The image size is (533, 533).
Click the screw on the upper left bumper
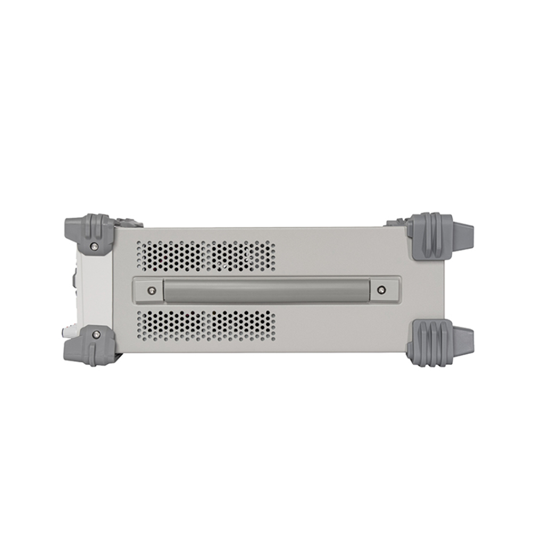click(x=94, y=246)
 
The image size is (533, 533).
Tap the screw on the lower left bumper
click(x=96, y=334)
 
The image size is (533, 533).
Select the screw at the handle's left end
click(x=152, y=290)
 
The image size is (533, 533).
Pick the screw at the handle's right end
click(x=381, y=290)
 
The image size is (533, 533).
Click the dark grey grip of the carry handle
click(x=266, y=290)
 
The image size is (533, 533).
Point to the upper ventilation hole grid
click(x=206, y=256)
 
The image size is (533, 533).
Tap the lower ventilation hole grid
click(x=206, y=326)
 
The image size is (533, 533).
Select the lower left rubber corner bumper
click(x=90, y=346)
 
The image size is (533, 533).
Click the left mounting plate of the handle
click(x=149, y=290)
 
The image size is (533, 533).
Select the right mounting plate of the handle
click(x=384, y=290)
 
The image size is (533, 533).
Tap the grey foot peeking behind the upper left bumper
click(x=129, y=222)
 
